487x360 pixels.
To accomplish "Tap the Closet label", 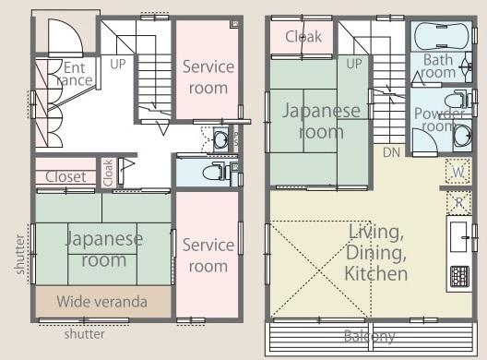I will pyautogui.click(x=65, y=176).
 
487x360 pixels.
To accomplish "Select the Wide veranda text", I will pyautogui.click(x=101, y=301).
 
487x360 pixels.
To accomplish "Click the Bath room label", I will pyautogui.click(x=439, y=66).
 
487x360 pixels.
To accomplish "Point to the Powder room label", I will pyautogui.click(x=439, y=121).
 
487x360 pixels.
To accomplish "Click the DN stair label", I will pyautogui.click(x=391, y=151).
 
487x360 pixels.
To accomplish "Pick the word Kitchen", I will pyautogui.click(x=375, y=274).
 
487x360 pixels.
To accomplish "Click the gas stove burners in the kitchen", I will pyautogui.click(x=458, y=275).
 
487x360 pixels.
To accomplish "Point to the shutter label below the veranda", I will pyautogui.click(x=84, y=334).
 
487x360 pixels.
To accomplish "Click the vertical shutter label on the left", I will pyautogui.click(x=20, y=254).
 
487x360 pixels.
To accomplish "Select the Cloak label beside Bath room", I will pyautogui.click(x=303, y=37).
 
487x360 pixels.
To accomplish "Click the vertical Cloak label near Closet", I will pyautogui.click(x=109, y=174).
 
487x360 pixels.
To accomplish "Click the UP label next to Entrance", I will pyautogui.click(x=118, y=64).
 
